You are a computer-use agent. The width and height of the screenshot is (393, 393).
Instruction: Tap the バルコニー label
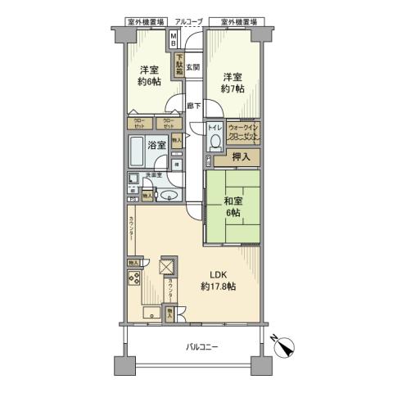(200, 347)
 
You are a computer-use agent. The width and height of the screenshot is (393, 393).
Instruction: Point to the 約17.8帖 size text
(217, 287)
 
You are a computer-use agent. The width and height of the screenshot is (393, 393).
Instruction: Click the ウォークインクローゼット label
(243, 133)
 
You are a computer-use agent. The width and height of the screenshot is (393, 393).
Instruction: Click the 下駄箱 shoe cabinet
(178, 64)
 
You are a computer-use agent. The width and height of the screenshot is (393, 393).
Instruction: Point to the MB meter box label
(174, 39)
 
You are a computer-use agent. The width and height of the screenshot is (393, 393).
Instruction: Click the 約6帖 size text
(149, 83)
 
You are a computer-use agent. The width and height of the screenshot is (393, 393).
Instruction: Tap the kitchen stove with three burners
(134, 278)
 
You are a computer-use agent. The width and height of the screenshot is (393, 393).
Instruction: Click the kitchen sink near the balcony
(151, 313)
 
